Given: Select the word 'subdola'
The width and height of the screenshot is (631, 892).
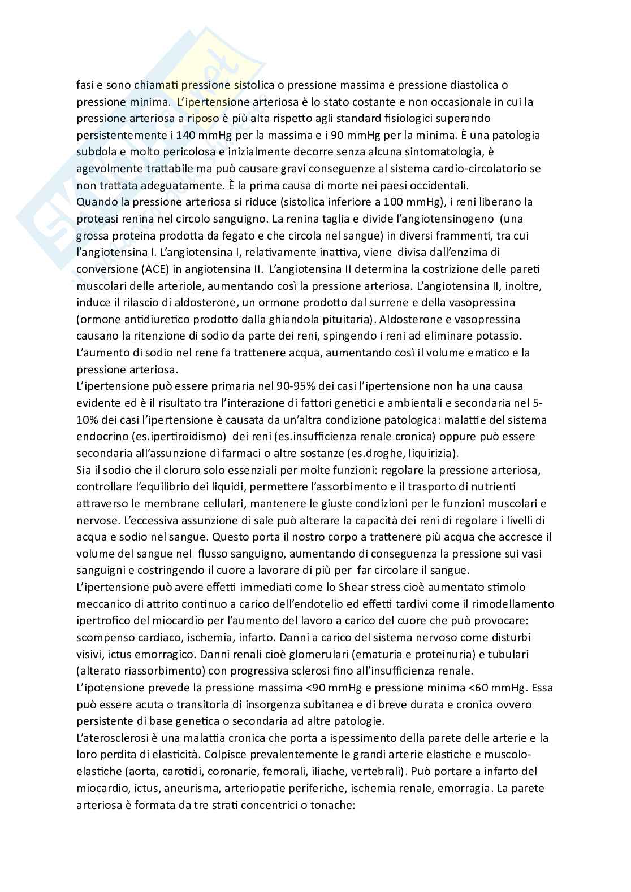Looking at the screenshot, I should pos(94,152).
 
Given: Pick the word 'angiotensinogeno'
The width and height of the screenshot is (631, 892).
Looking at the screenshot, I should pos(441,219).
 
